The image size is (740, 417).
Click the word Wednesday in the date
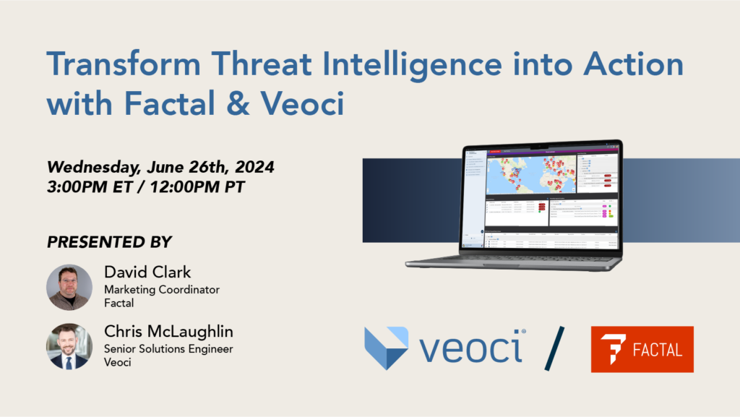92,168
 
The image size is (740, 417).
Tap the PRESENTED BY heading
110,242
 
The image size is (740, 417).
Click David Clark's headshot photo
69,287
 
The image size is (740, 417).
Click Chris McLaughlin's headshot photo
69,346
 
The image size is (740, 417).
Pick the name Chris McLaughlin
168,332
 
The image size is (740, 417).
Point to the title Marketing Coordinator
162,290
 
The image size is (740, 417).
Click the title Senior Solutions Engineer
168,349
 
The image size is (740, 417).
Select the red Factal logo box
642,349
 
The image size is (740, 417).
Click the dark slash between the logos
554,348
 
